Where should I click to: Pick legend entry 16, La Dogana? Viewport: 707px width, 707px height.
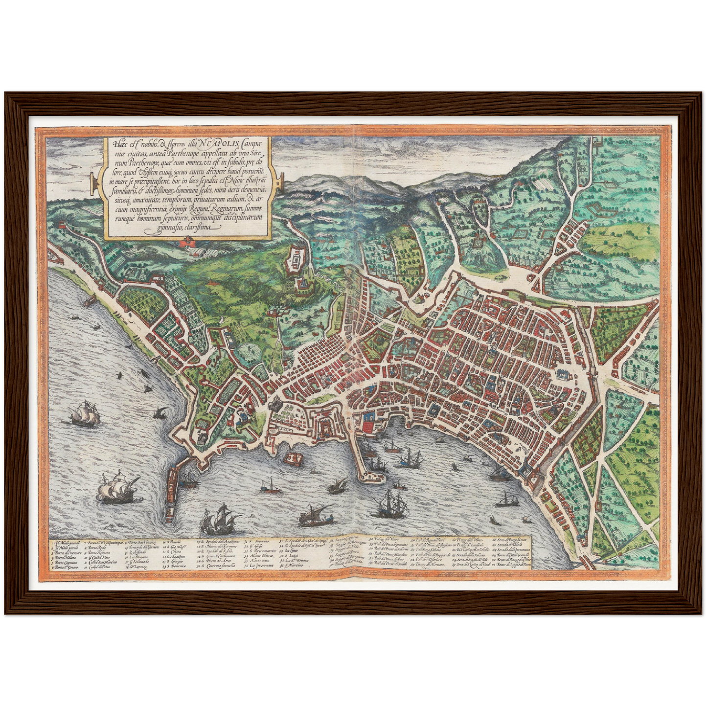pos(138,555)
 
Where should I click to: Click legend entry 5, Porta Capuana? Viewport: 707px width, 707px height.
pos(66,561)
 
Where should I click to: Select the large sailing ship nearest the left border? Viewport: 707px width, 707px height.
pos(86,414)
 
